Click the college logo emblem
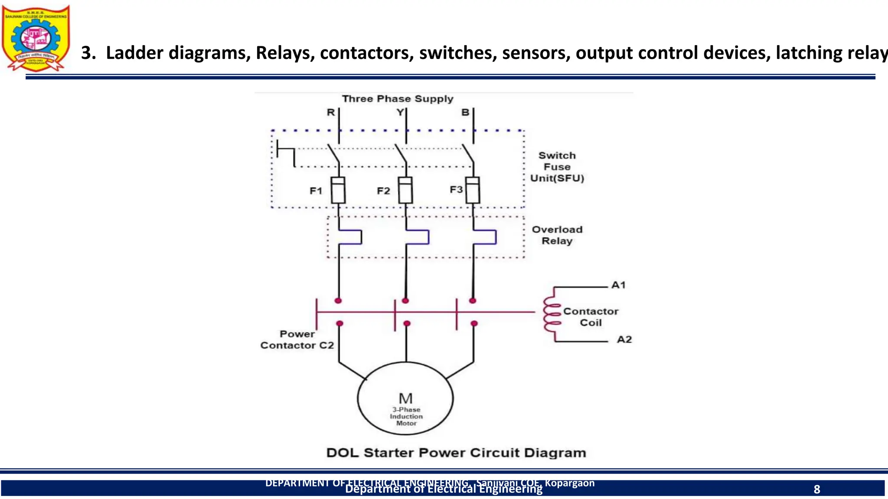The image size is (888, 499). [x=36, y=38]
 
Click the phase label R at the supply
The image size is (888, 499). [x=331, y=113]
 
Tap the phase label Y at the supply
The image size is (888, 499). [x=400, y=113]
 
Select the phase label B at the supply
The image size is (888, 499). [x=465, y=113]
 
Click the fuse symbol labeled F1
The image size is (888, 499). [x=338, y=190]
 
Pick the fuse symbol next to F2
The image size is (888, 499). [x=405, y=190]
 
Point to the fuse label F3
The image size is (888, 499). [x=456, y=190]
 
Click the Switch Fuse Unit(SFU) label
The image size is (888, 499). [x=557, y=167]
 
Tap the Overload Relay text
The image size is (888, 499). [x=557, y=235]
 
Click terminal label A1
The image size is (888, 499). [x=618, y=285]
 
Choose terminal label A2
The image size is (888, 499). [x=624, y=340]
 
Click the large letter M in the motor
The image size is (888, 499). [x=405, y=398]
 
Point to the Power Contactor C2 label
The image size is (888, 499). [x=297, y=340]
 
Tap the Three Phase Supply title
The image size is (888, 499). [x=398, y=99]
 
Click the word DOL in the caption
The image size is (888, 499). [x=343, y=453]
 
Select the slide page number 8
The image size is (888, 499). [x=817, y=489]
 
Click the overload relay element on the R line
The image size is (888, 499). [x=350, y=237]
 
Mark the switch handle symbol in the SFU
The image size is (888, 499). [x=286, y=154]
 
